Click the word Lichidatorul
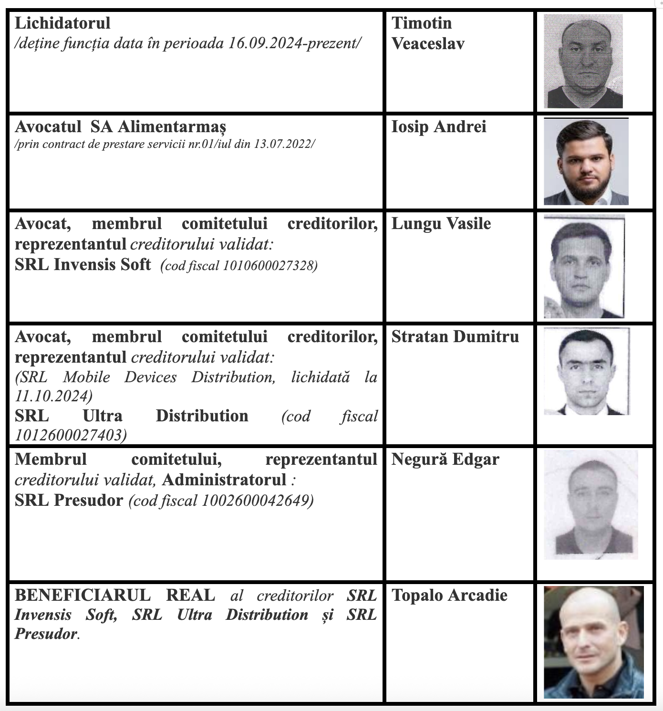point(62,23)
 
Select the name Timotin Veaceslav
point(427,33)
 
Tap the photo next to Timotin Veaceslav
point(583,61)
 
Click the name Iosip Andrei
point(439,127)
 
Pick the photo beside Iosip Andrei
point(586,161)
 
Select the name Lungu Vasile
point(441,224)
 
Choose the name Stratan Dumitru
point(455,337)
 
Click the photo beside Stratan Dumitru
point(587,371)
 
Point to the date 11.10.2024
point(53,396)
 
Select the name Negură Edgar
point(445,460)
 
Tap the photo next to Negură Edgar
point(590,505)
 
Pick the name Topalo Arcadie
point(449,596)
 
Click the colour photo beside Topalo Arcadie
point(593,642)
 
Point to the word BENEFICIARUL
point(83,596)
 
